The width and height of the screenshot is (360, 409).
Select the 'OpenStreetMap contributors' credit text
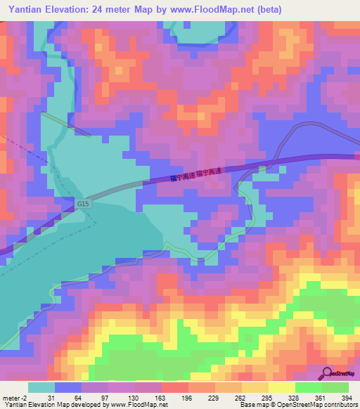(x=316, y=405)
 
